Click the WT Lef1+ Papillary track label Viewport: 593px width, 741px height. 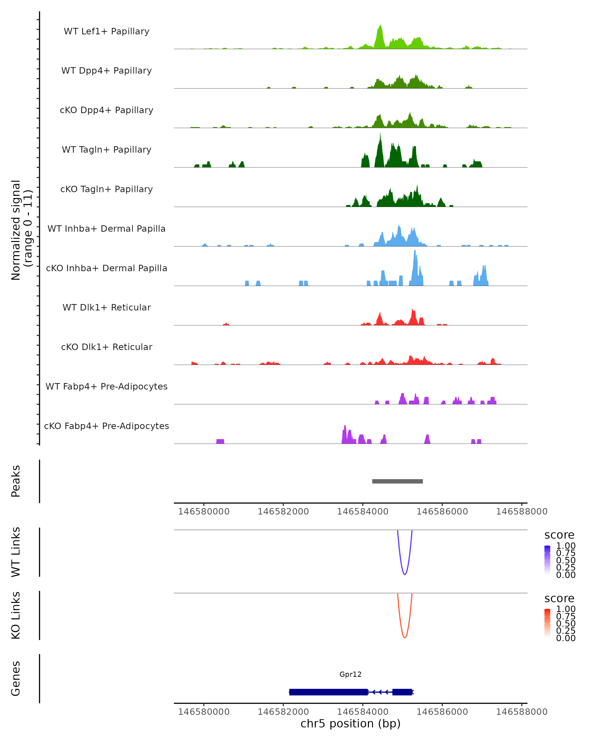click(x=106, y=31)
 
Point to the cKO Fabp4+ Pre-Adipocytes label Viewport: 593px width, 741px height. click(x=106, y=426)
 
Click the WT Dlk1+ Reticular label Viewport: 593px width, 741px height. click(x=106, y=307)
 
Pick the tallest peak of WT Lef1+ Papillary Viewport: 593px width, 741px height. click(x=380, y=26)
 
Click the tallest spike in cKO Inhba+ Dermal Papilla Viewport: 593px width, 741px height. click(x=415, y=252)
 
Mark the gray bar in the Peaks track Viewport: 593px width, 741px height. click(x=397, y=481)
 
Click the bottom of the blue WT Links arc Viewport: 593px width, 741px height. click(x=405, y=574)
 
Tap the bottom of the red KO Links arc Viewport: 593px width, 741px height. click(x=405, y=638)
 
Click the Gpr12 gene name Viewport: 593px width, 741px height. click(x=350, y=674)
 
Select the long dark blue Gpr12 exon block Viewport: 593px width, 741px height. click(x=328, y=692)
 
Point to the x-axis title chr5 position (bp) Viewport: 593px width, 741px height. click(x=350, y=723)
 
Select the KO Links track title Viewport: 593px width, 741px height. click(x=16, y=615)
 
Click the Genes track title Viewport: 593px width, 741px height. click(x=16, y=679)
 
